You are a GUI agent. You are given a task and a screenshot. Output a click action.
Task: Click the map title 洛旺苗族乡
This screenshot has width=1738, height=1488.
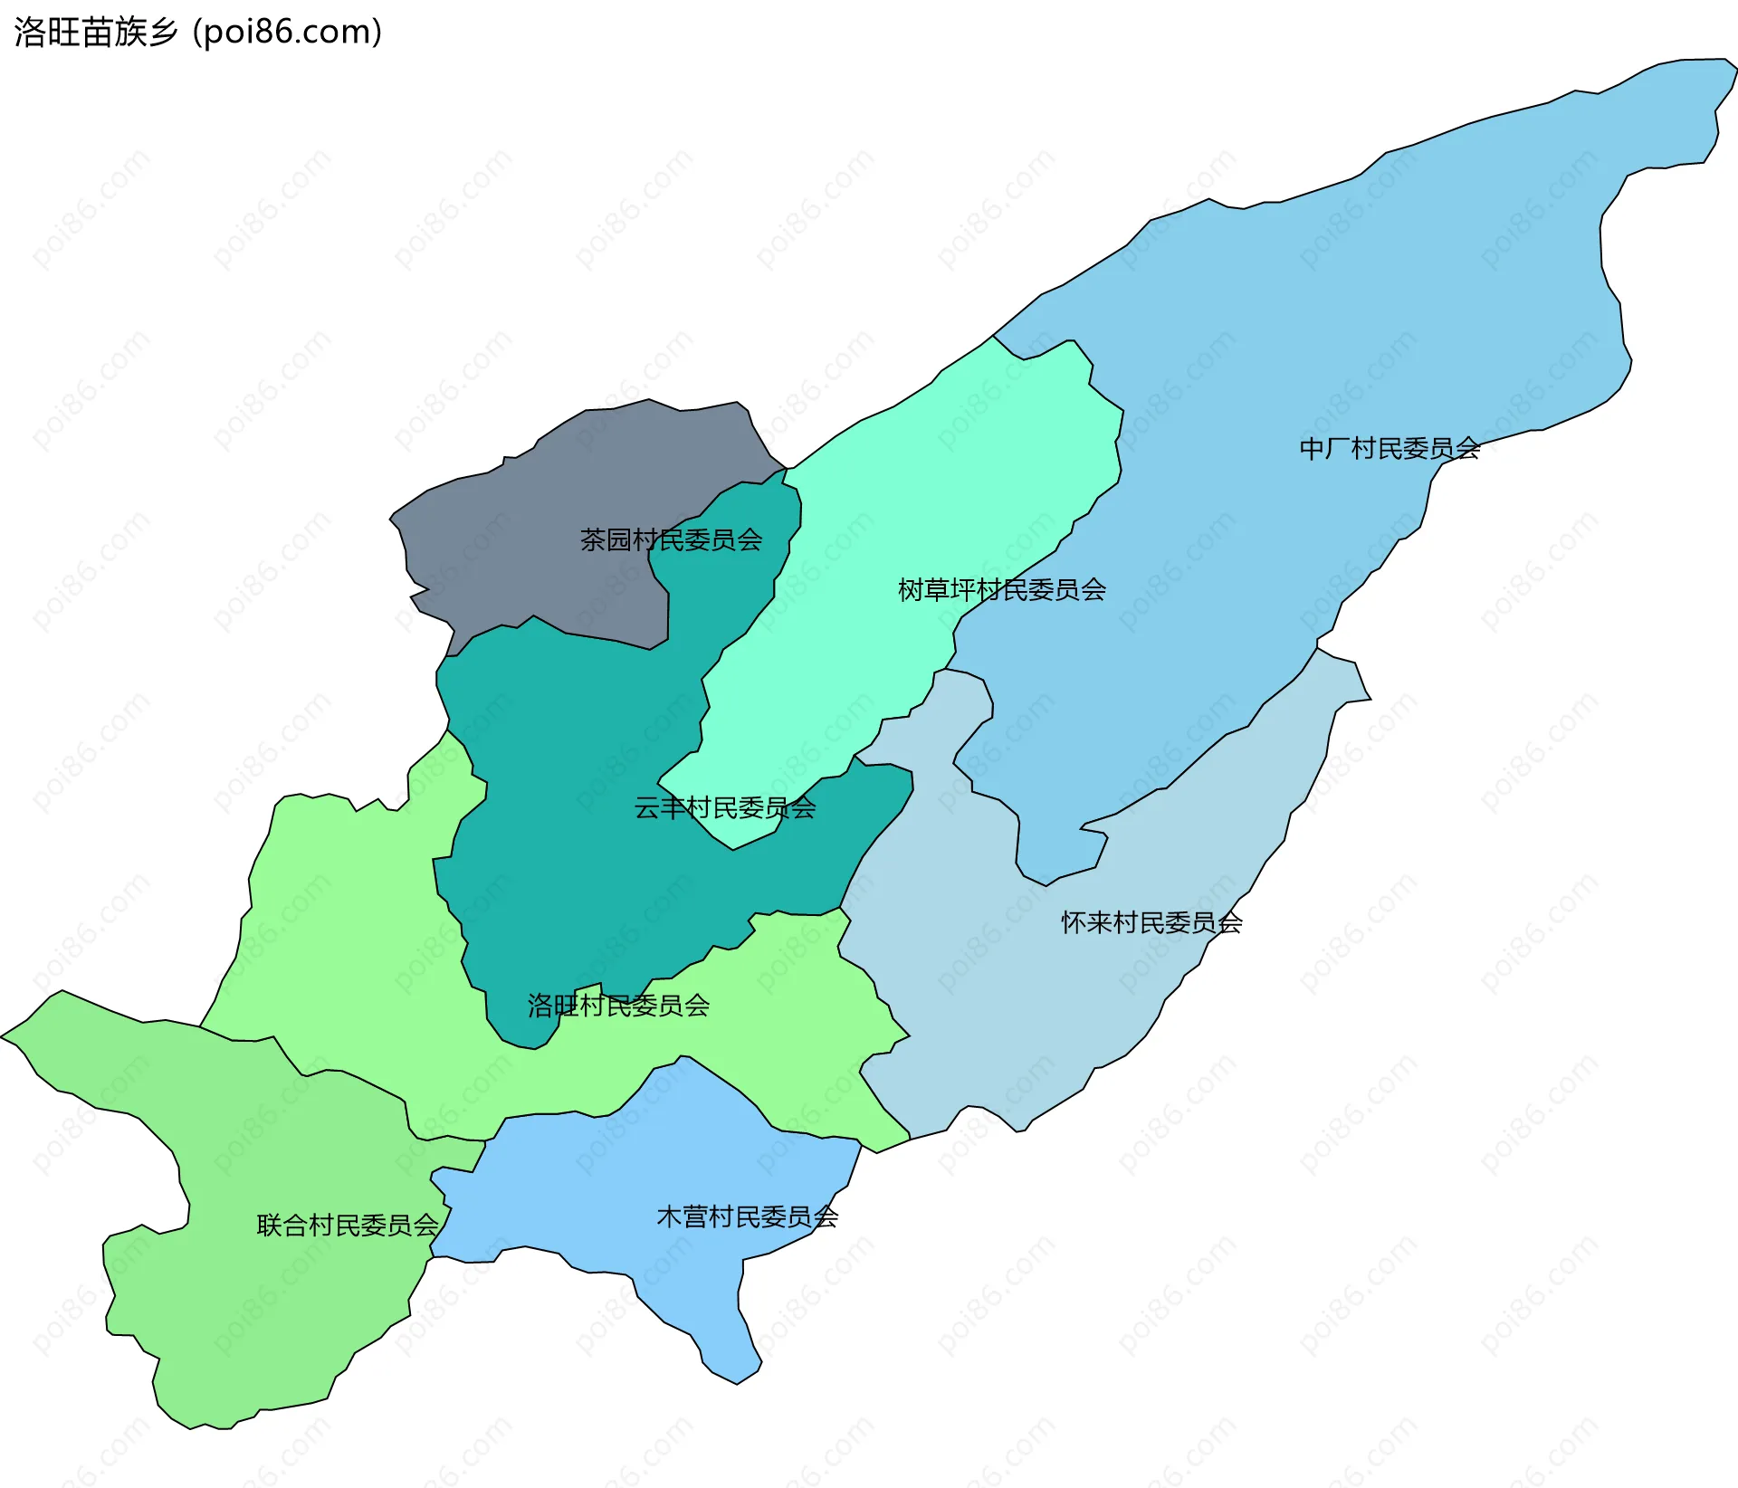pyautogui.click(x=96, y=33)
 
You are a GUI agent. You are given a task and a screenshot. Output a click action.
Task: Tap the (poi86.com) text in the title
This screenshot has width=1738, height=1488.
pyautogui.click(x=288, y=33)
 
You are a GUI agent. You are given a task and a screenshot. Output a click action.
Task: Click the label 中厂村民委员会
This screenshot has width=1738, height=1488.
pyautogui.click(x=1389, y=448)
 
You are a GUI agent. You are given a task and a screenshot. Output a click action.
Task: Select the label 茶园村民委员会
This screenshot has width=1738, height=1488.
pyautogui.click(x=671, y=540)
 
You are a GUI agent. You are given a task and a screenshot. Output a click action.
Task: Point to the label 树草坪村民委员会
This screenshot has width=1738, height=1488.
pyautogui.click(x=1001, y=590)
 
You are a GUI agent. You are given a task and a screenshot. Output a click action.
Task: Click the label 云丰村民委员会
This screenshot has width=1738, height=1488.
pyautogui.click(x=724, y=807)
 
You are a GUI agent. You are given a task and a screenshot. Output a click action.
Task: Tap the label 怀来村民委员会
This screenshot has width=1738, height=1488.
pyautogui.click(x=1151, y=922)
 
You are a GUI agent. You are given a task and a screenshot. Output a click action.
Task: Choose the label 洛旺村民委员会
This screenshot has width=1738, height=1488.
pyautogui.click(x=618, y=1006)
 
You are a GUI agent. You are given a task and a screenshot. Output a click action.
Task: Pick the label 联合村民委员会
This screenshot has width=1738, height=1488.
pyautogui.click(x=348, y=1226)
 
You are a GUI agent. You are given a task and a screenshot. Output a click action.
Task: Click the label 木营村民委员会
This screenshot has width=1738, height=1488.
pyautogui.click(x=747, y=1216)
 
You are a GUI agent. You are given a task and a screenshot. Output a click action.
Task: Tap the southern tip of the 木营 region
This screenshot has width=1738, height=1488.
pyautogui.click(x=738, y=1380)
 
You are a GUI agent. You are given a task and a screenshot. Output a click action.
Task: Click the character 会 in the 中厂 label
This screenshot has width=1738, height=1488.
pyautogui.click(x=1467, y=448)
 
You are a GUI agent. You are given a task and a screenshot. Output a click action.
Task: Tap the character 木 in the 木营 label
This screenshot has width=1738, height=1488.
pyautogui.click(x=669, y=1216)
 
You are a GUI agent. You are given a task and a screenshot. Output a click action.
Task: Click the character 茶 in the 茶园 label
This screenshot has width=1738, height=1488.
pyautogui.click(x=593, y=540)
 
